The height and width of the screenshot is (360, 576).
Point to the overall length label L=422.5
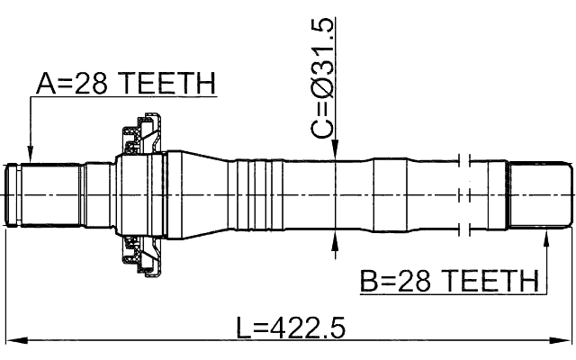pos(291,327)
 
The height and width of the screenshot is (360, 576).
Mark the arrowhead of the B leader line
pos(546,237)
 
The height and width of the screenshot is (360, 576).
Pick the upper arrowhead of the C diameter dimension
pos(335,155)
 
